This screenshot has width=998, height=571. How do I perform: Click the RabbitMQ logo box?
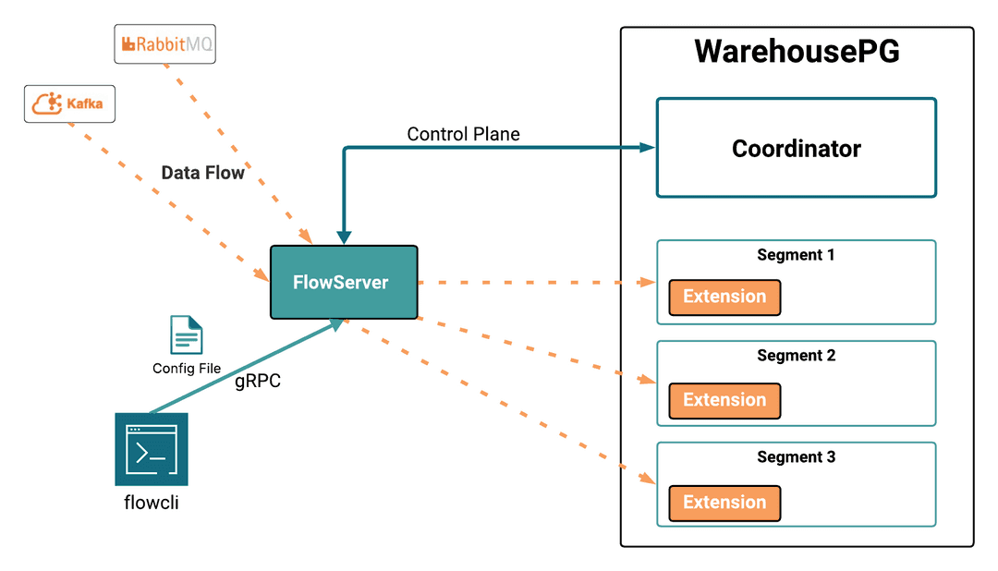(x=164, y=44)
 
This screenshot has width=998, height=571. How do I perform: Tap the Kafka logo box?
(x=69, y=103)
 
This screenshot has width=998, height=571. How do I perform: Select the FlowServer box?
(x=344, y=282)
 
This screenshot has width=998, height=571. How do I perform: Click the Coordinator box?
(x=796, y=148)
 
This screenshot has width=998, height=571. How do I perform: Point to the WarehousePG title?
(x=797, y=51)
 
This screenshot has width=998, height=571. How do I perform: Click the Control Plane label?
(x=463, y=134)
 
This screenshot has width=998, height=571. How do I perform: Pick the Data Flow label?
(x=202, y=173)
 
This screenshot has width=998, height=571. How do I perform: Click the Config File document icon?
(x=186, y=334)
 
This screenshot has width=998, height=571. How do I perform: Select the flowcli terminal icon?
(x=152, y=449)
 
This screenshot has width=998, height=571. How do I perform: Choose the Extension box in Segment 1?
(x=724, y=297)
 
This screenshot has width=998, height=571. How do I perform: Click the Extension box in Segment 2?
(x=724, y=400)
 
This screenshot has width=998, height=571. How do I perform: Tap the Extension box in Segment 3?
(x=724, y=503)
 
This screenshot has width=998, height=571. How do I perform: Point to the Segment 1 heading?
(x=796, y=254)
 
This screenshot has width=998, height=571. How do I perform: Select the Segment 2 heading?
(x=796, y=355)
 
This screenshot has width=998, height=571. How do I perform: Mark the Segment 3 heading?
(x=796, y=456)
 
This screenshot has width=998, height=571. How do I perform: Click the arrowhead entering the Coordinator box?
(x=647, y=147)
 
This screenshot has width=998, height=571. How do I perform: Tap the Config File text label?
(x=187, y=368)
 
